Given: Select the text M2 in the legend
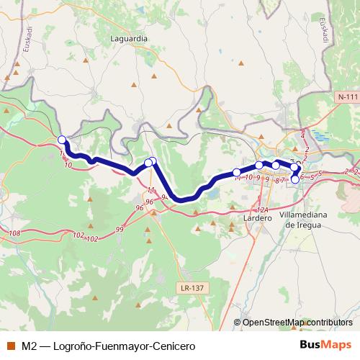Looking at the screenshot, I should click(x=29, y=346).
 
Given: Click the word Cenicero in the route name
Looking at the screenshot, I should click(x=174, y=346).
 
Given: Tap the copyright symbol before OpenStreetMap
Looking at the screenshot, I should click(x=238, y=322).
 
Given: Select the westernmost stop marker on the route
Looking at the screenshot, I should click(x=61, y=140).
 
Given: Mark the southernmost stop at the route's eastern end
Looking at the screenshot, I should click(x=294, y=179).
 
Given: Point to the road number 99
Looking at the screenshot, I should click(x=120, y=229).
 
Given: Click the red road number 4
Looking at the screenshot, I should click(x=302, y=135).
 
